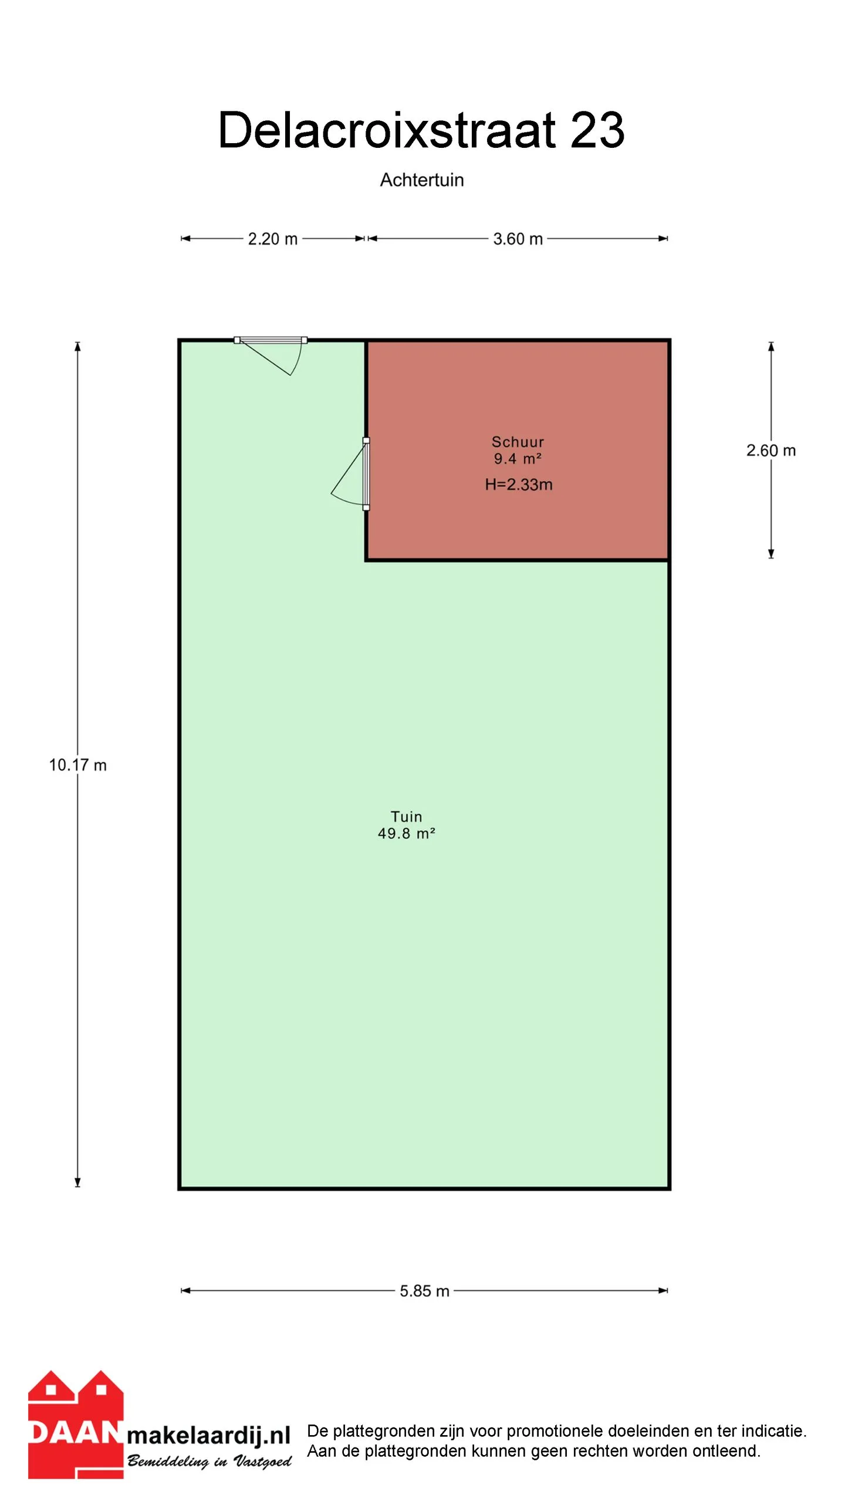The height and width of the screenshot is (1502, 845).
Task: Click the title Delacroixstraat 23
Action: pos(421,130)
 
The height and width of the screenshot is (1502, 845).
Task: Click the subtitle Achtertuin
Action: pos(422,180)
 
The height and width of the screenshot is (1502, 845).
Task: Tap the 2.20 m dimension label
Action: pos(273,239)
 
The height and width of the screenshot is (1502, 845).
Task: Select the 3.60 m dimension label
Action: pos(518,239)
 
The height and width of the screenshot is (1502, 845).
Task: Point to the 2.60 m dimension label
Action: pos(771,451)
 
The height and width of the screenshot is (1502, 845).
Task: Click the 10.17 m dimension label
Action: pos(78,765)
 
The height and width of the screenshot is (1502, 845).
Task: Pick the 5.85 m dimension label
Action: pos(425,1291)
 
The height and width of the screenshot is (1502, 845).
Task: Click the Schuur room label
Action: pos(518,442)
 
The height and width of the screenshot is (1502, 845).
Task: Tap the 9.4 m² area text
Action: pos(518,459)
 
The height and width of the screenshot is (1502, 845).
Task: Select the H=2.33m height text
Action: pos(519,485)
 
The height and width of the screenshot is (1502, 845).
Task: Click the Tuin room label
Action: pos(406,817)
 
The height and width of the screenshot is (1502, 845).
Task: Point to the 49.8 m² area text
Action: pos(406,833)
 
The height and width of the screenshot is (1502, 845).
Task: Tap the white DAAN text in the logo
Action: pos(75,1433)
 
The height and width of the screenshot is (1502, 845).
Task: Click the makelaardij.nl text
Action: pos(209,1435)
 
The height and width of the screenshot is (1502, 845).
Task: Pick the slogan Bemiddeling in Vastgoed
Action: pos(209,1462)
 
